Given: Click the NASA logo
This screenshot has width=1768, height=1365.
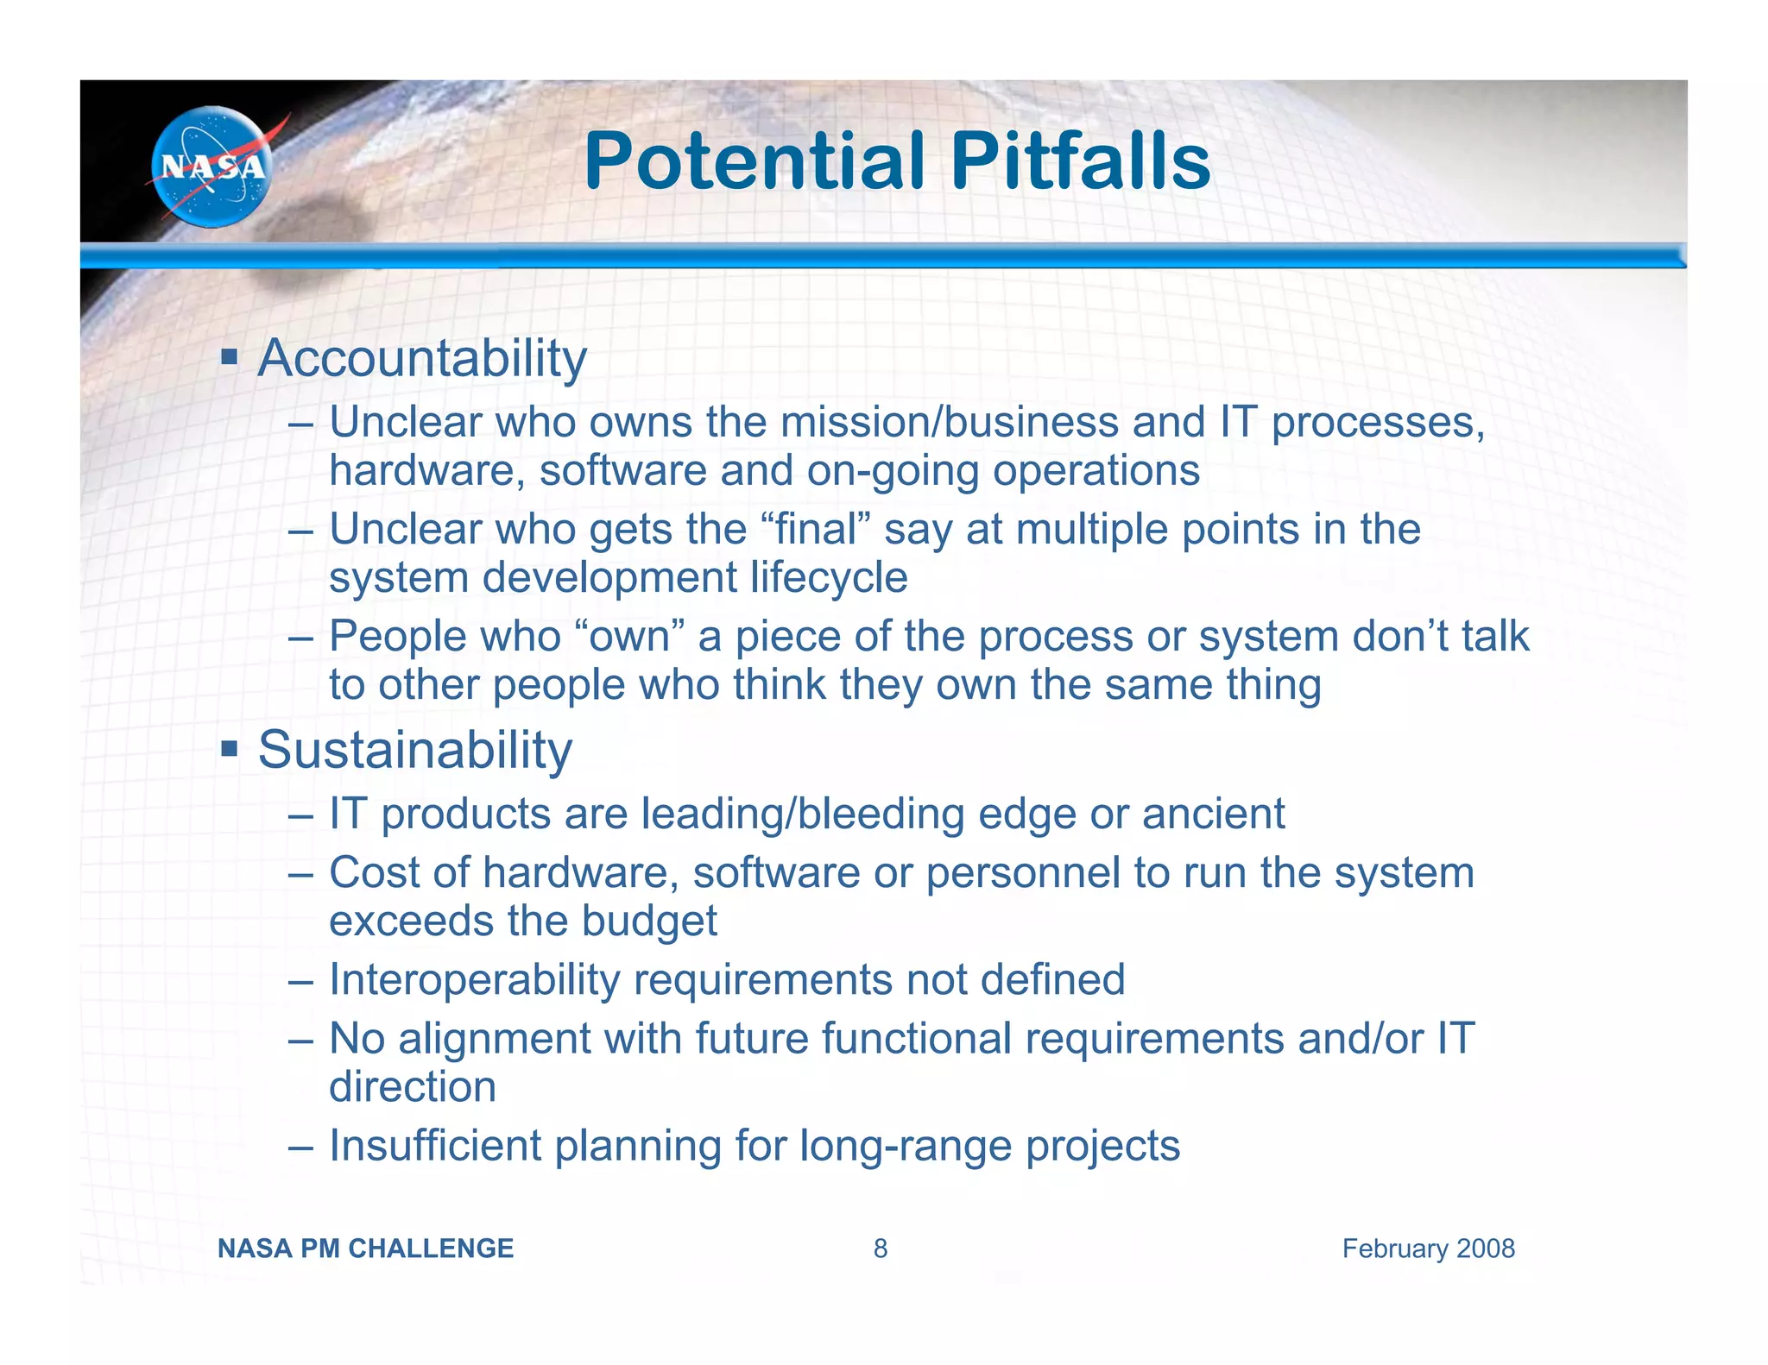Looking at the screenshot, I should coord(212,167).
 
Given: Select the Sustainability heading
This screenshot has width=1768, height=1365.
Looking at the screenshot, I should coord(415,749).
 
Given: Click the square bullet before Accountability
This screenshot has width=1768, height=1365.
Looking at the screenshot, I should coord(229,356).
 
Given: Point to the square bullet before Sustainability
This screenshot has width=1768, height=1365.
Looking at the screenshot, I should coord(229,747).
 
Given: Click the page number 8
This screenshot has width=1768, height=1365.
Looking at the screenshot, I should coord(880,1249).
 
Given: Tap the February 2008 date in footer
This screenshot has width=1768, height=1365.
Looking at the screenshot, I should coord(1428,1249).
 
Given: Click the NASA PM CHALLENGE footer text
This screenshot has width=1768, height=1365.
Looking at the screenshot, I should coord(365,1249).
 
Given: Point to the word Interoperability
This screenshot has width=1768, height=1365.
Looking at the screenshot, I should coord(475,979).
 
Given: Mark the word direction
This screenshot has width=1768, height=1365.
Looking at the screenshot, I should coord(413,1086).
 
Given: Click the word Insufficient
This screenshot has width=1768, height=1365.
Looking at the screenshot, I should coord(435,1146).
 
